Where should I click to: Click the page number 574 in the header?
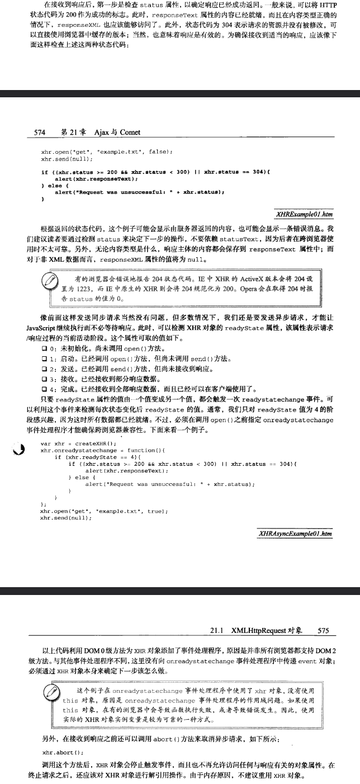(39, 132)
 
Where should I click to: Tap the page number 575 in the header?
(323, 631)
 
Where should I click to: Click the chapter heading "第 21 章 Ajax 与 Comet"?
(101, 132)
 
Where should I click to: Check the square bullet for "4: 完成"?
(44, 389)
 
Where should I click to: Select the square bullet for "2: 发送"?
(44, 369)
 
